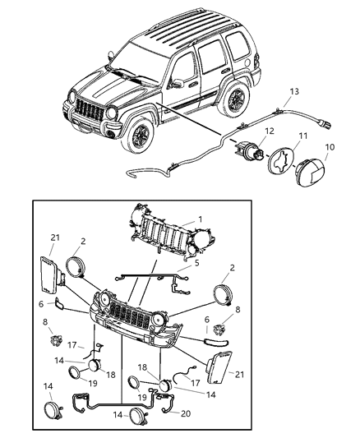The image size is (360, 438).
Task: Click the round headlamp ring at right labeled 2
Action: click(x=228, y=297)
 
